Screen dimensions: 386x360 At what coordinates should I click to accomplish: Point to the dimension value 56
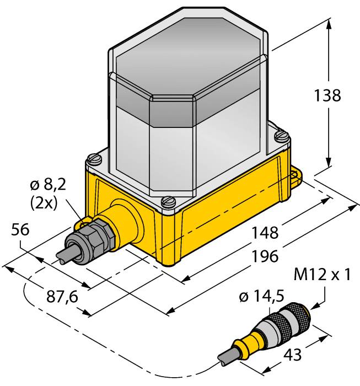coord(22,231)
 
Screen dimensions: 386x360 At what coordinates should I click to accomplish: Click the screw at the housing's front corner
coord(167,202)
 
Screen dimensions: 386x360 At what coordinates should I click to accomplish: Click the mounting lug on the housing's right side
coord(296,175)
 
